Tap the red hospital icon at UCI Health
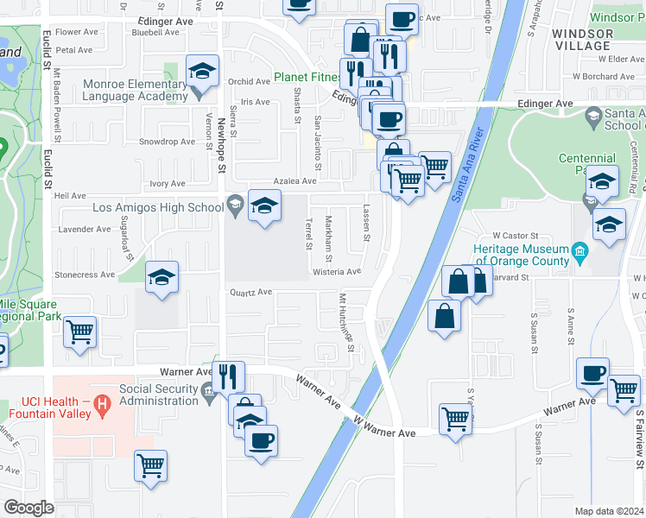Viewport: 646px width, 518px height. click(x=103, y=403)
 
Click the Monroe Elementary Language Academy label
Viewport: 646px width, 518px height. click(x=136, y=91)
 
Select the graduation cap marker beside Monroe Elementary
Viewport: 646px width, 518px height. click(x=202, y=72)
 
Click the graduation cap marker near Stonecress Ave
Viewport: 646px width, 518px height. click(x=161, y=278)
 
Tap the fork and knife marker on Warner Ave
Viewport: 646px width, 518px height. click(x=229, y=376)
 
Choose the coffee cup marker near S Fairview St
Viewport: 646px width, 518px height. click(x=592, y=373)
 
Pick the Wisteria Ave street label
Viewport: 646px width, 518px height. click(x=338, y=271)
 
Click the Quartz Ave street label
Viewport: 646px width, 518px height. click(x=250, y=292)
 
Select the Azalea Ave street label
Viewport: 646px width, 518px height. click(x=296, y=182)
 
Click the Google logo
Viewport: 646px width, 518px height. click(x=28, y=508)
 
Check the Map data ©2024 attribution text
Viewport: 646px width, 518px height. click(x=610, y=511)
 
